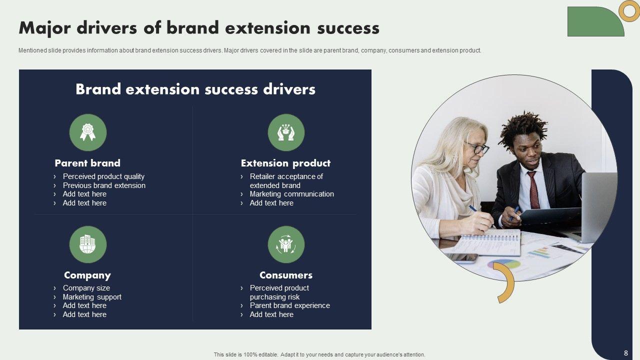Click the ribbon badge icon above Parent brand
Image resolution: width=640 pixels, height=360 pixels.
87,132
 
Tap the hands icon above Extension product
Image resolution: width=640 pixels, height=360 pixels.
286,132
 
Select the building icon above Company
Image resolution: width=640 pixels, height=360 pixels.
87,244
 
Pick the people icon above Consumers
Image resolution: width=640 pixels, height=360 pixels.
286,244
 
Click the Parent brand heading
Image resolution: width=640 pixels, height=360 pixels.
87,163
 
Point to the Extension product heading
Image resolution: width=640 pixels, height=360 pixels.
285,163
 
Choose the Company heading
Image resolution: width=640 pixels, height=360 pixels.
87,275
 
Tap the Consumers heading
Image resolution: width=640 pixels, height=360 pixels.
286,275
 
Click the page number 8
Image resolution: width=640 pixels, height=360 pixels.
626,353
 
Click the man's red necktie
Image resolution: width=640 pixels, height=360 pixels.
533,190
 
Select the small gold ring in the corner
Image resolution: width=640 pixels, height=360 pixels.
629,11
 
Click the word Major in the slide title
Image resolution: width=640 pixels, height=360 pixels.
44,28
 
